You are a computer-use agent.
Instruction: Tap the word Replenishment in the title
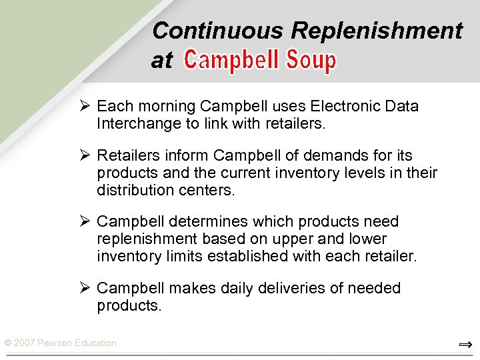coord(377,31)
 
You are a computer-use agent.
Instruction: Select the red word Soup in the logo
coord(311,61)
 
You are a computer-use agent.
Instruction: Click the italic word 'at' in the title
coord(162,61)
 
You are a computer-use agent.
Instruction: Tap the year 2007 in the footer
coord(24,343)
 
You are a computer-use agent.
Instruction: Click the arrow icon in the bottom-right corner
coord(465,344)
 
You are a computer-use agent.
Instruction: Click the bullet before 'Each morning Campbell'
coord(84,107)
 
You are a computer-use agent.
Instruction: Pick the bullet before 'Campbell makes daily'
coord(84,289)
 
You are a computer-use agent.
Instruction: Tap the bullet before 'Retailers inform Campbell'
coord(84,156)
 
